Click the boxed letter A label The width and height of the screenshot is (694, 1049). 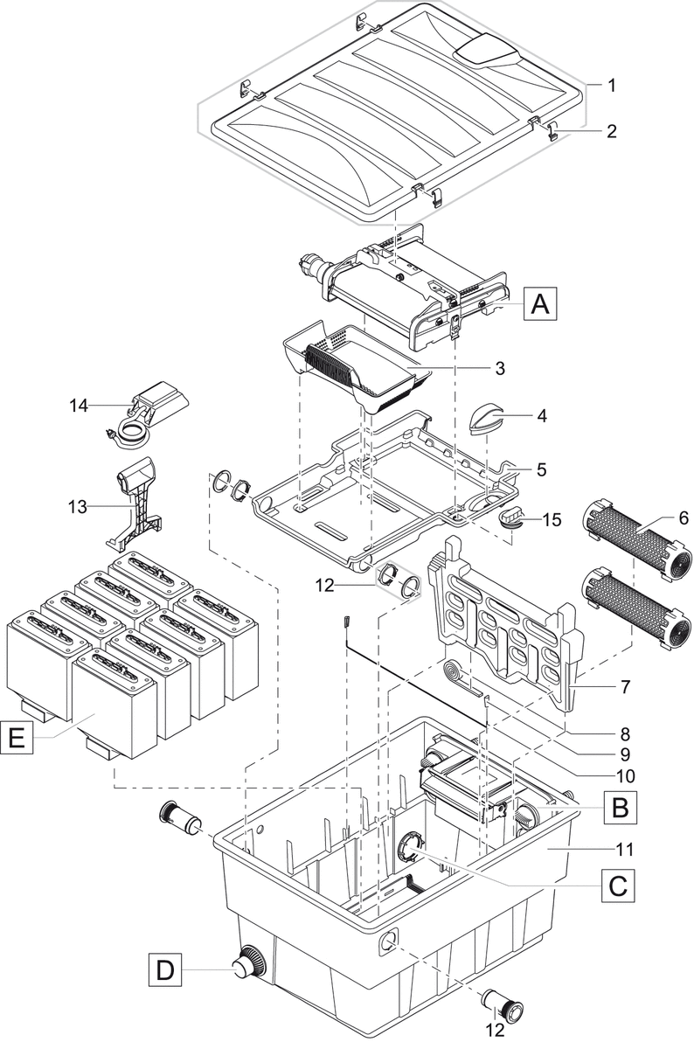pyautogui.click(x=541, y=305)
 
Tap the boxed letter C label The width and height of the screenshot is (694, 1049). pyautogui.click(x=616, y=886)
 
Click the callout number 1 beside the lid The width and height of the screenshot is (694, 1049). pyautogui.click(x=612, y=86)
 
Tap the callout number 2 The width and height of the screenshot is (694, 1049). pyautogui.click(x=612, y=132)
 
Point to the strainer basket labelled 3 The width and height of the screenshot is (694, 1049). pyautogui.click(x=359, y=367)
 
